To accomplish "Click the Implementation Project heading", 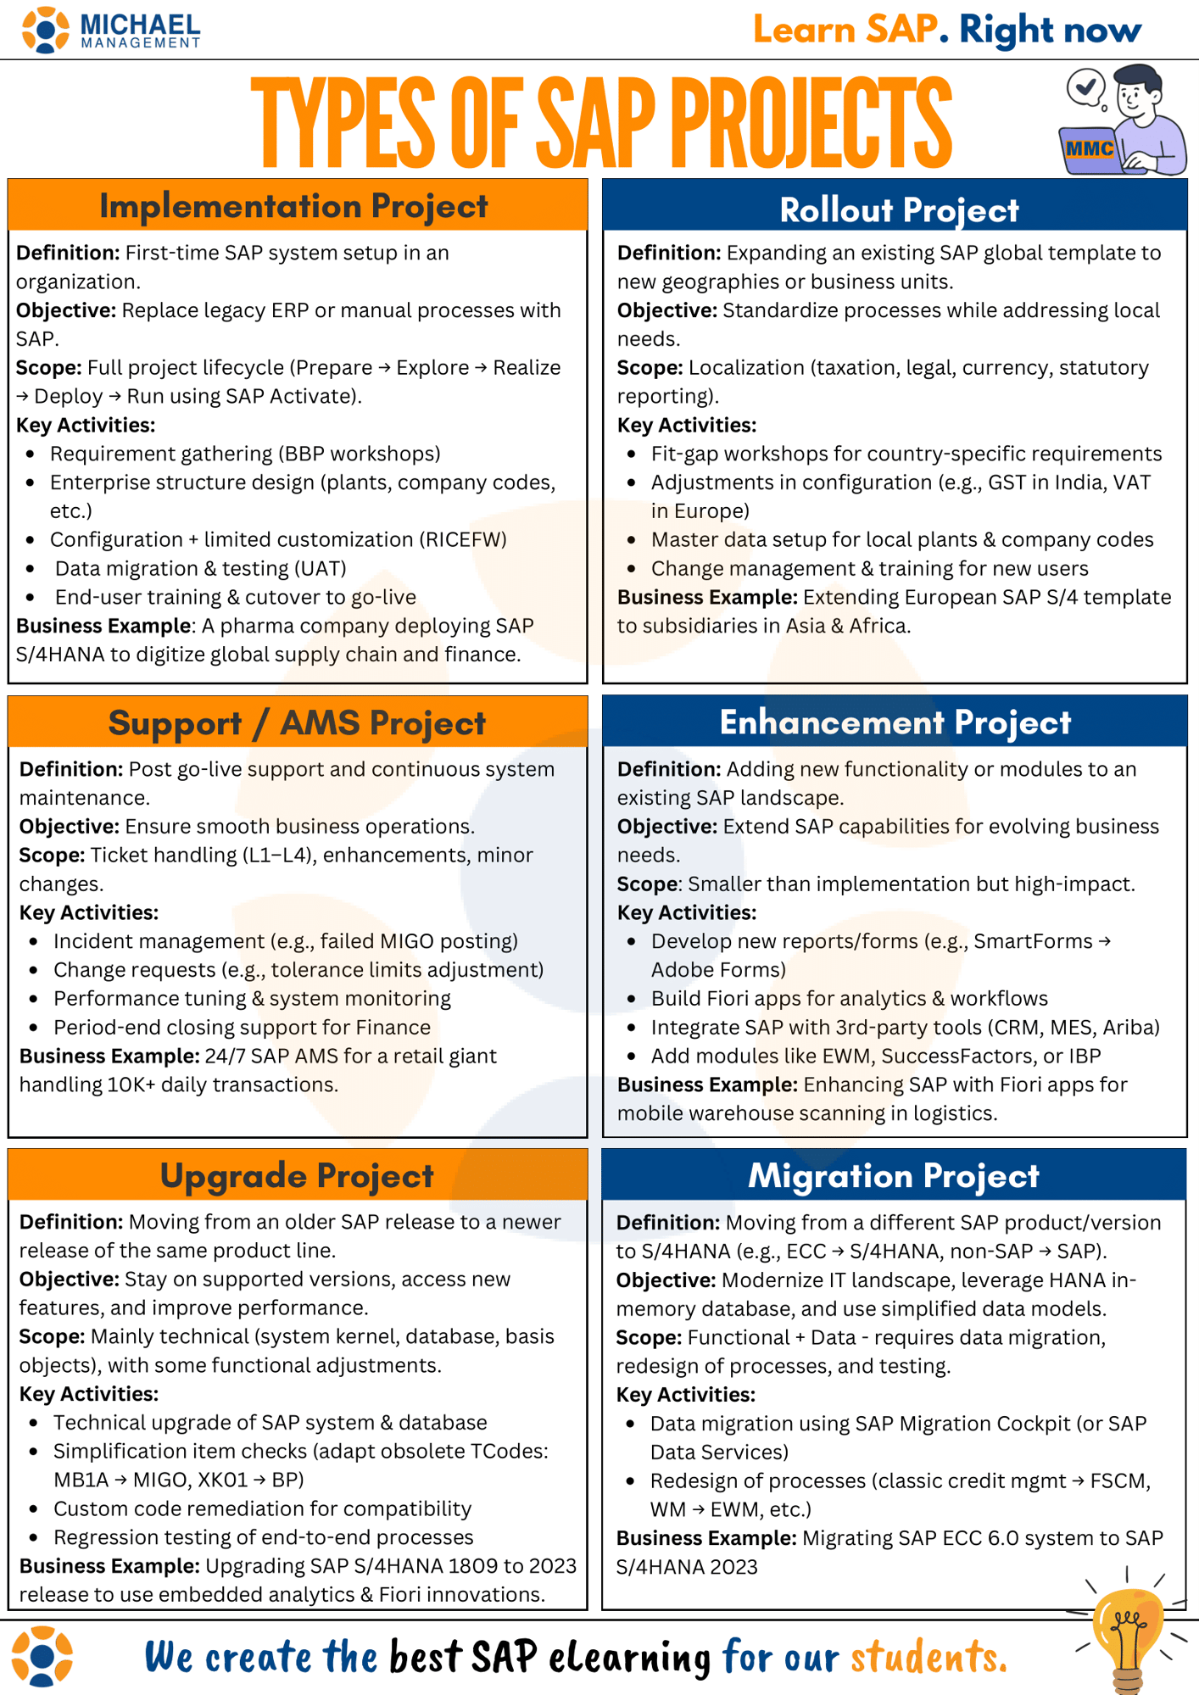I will point(293,206).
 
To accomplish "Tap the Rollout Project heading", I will point(898,210).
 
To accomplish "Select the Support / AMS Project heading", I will point(297,723).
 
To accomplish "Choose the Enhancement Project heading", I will point(895,722).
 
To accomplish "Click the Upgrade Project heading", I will point(297,1176).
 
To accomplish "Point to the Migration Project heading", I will point(893,1176).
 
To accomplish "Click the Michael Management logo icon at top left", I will point(45,30).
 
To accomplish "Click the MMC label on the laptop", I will point(1090,149).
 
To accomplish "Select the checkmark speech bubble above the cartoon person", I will point(1086,86).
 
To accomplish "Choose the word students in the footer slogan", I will point(928,1658).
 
